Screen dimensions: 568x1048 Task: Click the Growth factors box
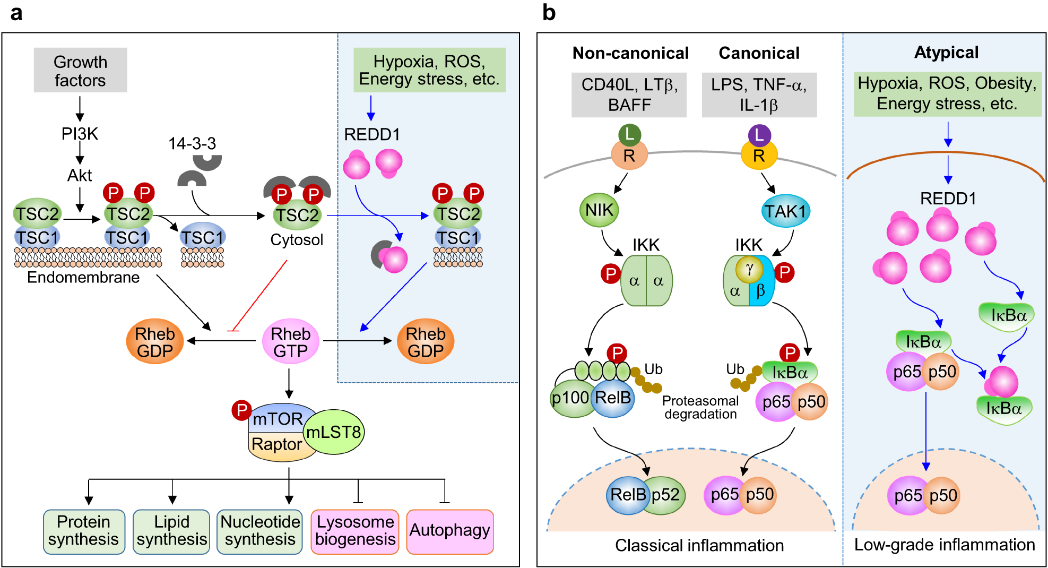pos(80,71)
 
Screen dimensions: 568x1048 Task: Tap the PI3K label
pos(80,134)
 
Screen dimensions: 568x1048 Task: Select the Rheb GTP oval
pos(290,341)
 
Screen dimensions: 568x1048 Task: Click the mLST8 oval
pos(334,432)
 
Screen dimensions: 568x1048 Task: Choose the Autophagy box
pos(450,531)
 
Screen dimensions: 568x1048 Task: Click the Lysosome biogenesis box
pos(355,531)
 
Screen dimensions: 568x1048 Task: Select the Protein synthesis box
pos(84,531)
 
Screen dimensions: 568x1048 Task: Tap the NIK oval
pos(599,210)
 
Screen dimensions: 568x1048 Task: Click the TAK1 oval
pos(785,211)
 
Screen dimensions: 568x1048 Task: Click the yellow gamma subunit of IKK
pos(749,269)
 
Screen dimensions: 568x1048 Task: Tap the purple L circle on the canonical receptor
pos(759,135)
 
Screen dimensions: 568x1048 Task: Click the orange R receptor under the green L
pos(629,156)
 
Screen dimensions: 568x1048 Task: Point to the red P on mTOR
pos(241,410)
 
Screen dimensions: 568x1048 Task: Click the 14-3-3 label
pos(192,143)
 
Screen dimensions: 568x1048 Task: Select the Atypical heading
pos(946,53)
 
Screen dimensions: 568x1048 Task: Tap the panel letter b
pos(549,13)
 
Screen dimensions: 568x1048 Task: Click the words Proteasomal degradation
pos(700,408)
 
